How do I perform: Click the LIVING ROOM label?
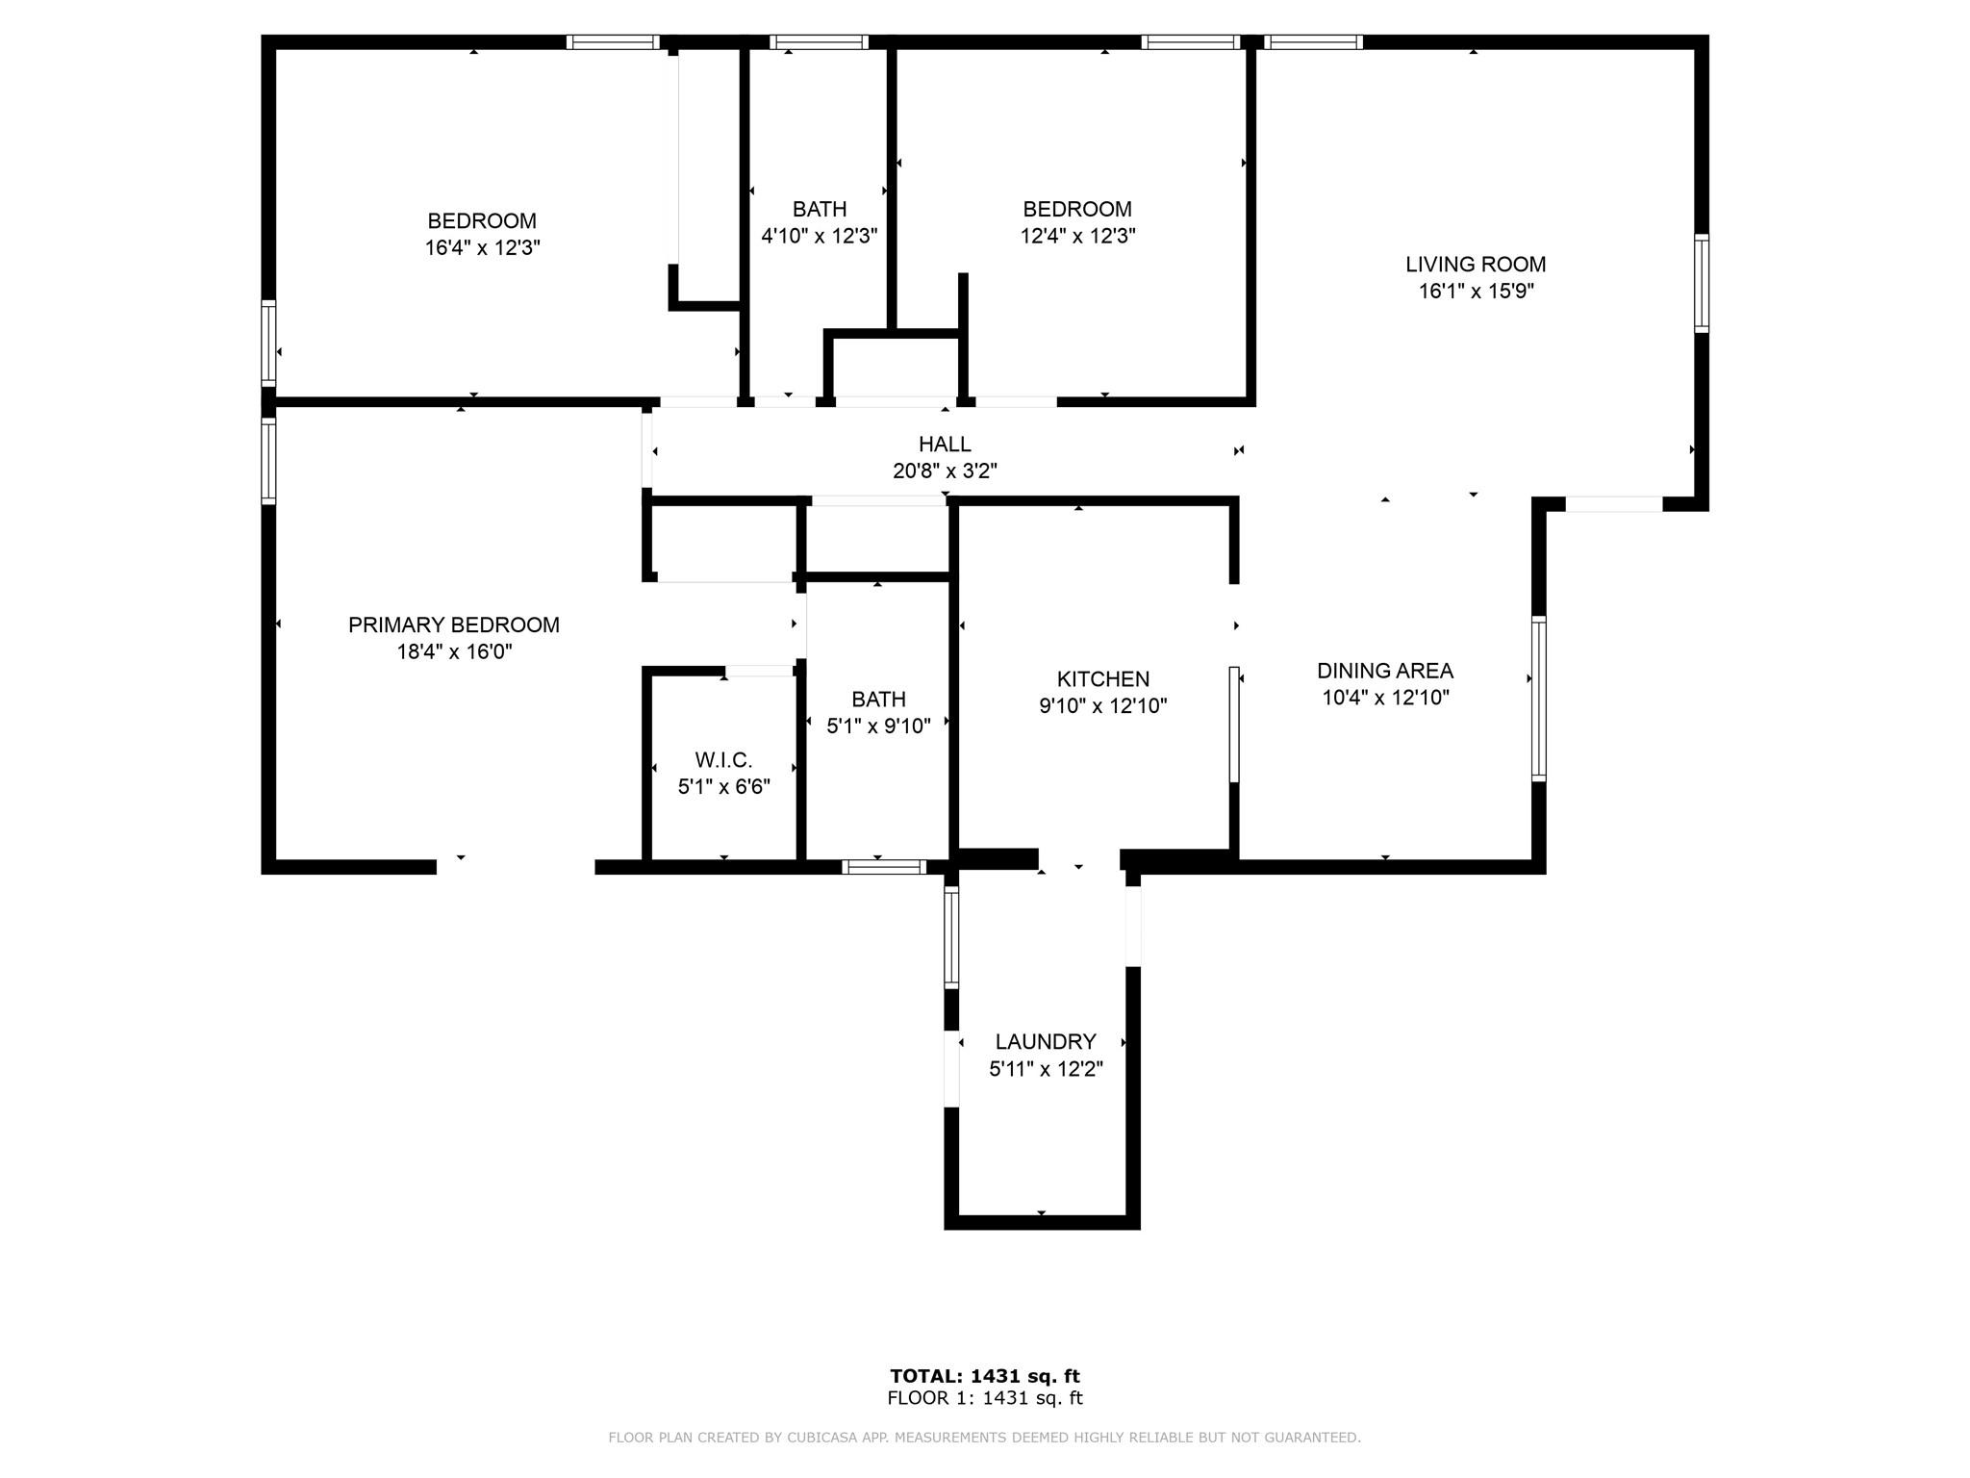click(1476, 265)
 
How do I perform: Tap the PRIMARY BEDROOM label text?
click(454, 625)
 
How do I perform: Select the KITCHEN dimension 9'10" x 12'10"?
click(1103, 706)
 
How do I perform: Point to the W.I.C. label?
click(723, 760)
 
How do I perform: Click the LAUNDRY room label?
click(1046, 1042)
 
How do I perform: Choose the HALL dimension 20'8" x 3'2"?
click(945, 471)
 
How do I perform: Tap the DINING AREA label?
click(1385, 672)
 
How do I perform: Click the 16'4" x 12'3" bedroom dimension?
click(483, 248)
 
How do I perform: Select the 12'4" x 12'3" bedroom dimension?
click(1078, 237)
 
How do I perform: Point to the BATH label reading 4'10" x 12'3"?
click(820, 210)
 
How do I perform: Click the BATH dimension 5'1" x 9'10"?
click(879, 726)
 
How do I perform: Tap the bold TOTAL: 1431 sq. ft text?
click(985, 1376)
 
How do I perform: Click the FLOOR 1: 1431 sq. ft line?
click(985, 1398)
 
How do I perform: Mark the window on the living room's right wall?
click(1702, 284)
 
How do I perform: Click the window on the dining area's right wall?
click(1538, 698)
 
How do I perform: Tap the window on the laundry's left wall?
click(951, 937)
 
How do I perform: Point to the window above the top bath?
click(820, 42)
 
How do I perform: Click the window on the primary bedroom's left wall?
click(268, 460)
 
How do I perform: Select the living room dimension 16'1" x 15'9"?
click(1476, 292)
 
